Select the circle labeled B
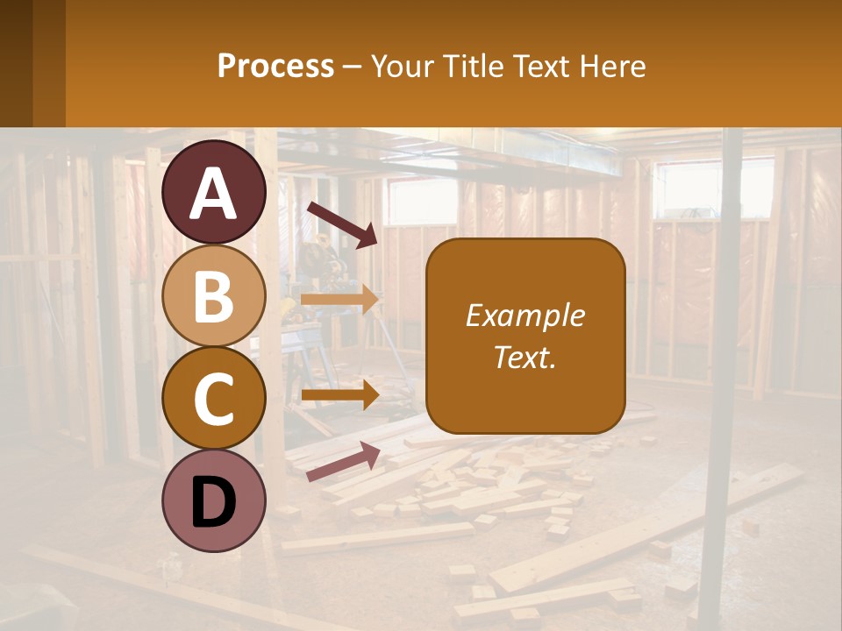pos(214,295)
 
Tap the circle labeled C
pos(214,399)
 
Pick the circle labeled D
pos(214,500)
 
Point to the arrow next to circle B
pos(340,300)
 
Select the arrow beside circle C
pos(340,394)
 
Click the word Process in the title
pos(275,66)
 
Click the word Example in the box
pos(524,315)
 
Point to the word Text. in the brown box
pos(524,357)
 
